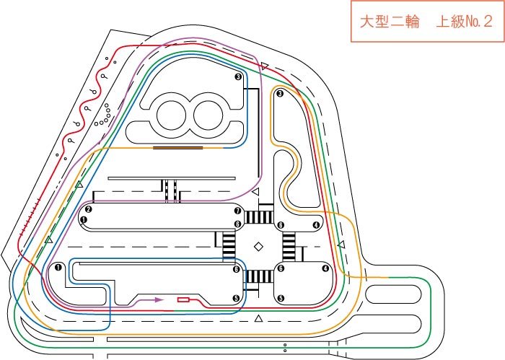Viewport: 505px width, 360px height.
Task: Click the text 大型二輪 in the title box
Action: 390,22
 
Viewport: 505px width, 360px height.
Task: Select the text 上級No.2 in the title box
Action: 464,22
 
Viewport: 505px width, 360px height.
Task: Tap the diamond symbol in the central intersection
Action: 258,247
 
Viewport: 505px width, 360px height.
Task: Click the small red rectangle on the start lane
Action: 183,300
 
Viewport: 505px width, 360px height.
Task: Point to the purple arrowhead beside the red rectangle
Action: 159,300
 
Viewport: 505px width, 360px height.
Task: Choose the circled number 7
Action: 238,211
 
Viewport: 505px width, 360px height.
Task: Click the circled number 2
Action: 88,209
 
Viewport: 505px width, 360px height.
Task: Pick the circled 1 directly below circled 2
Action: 84,220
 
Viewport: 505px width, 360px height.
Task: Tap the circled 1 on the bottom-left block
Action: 58,267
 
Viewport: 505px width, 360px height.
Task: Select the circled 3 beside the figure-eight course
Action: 238,76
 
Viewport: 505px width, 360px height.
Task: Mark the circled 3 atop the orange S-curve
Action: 280,94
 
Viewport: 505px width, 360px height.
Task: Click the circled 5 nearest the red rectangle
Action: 237,298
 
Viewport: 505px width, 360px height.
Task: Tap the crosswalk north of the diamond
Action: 258,217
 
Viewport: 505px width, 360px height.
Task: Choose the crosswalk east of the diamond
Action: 289,247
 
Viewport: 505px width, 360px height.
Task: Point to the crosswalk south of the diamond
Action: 258,276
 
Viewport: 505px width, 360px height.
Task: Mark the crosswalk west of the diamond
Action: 229,247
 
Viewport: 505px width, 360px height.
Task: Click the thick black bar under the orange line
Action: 178,148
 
